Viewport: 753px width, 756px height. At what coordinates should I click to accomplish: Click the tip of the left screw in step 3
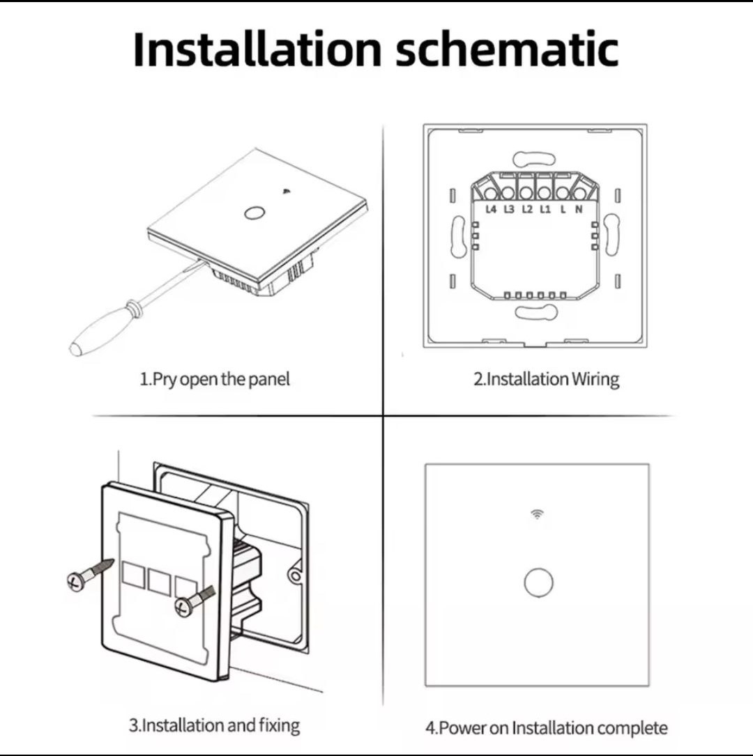click(x=114, y=561)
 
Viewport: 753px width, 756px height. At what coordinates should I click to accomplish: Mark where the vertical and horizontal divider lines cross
click(x=383, y=415)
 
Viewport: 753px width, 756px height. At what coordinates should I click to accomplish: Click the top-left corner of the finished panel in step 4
click(x=425, y=465)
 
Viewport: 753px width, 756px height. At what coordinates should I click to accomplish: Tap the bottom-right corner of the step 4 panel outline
click(x=649, y=686)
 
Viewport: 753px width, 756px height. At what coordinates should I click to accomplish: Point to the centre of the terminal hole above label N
click(x=579, y=193)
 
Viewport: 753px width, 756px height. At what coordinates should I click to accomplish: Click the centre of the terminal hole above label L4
click(x=491, y=193)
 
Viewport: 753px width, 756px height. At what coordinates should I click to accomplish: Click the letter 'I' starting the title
click(x=139, y=49)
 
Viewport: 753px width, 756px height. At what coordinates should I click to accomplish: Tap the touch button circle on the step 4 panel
click(x=538, y=583)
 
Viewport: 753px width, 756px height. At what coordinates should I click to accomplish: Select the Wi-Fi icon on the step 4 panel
click(x=537, y=514)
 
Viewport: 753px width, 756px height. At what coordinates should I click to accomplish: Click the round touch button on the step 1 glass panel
click(x=252, y=213)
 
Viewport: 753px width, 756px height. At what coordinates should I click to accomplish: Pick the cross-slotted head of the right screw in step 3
click(x=183, y=606)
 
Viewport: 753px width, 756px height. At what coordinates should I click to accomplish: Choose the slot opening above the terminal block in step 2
click(x=534, y=159)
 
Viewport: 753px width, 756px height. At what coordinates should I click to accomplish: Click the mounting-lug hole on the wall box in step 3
click(x=295, y=576)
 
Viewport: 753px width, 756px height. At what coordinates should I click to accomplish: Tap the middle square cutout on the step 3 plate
click(x=158, y=582)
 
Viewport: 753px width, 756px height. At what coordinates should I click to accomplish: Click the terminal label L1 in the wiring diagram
click(x=545, y=209)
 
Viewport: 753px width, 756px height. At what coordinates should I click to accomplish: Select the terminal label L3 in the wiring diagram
click(x=509, y=209)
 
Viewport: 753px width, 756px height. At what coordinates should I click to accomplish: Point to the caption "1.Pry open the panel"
click(x=215, y=380)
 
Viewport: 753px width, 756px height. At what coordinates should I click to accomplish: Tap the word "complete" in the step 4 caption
click(x=632, y=727)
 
